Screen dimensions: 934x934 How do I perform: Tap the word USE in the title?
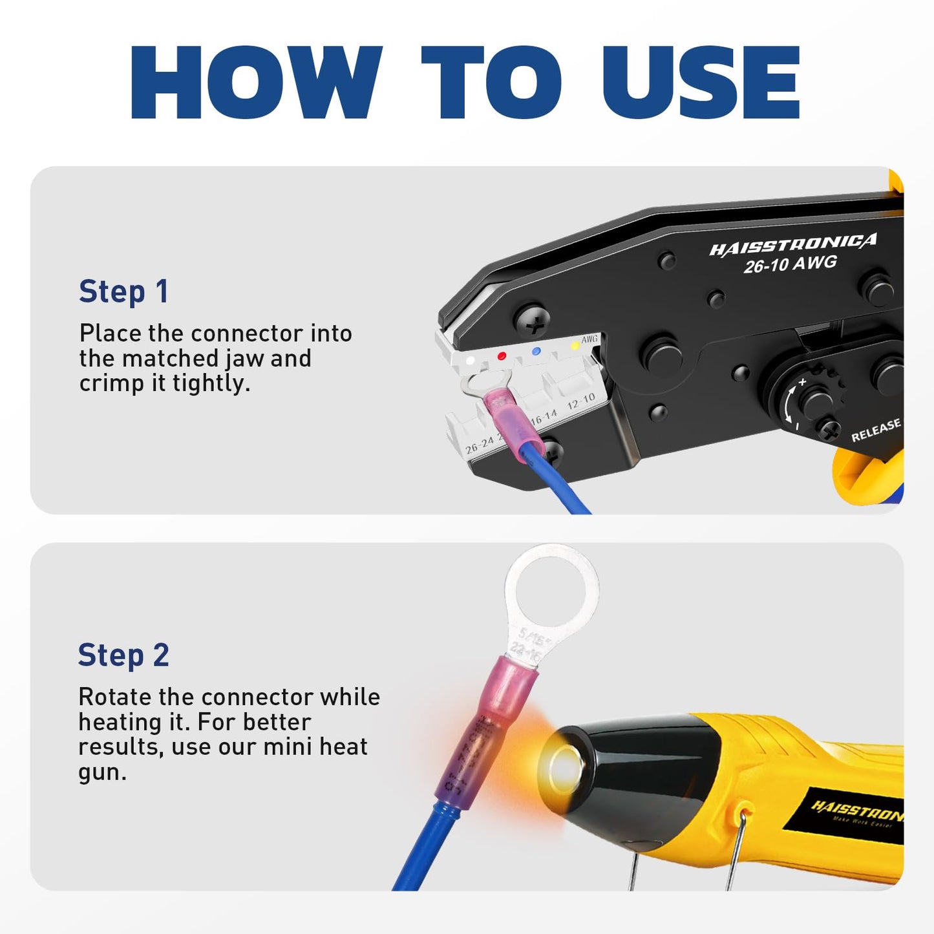pyautogui.click(x=701, y=83)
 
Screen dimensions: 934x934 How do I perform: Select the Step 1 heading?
pyautogui.click(x=123, y=292)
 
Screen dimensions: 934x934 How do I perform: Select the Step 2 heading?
pyautogui.click(x=123, y=655)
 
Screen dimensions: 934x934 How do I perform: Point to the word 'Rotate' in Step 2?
pyautogui.click(x=114, y=697)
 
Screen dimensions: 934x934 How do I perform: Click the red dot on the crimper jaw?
pyautogui.click(x=502, y=356)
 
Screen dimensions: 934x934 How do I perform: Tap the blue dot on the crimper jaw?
pyautogui.click(x=535, y=351)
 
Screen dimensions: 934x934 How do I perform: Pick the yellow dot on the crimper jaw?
pyautogui.click(x=575, y=346)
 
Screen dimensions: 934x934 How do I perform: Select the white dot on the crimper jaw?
pyautogui.click(x=471, y=360)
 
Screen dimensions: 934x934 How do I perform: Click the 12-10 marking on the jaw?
pyautogui.click(x=580, y=401)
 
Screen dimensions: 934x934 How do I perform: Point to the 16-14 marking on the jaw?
pyautogui.click(x=544, y=417)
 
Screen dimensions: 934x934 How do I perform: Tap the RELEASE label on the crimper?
pyautogui.click(x=875, y=430)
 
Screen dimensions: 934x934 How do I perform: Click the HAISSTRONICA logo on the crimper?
pyautogui.click(x=792, y=245)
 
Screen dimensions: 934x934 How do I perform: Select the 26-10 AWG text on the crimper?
pyautogui.click(x=790, y=264)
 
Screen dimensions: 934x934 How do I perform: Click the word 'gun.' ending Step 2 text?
pyautogui.click(x=102, y=772)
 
